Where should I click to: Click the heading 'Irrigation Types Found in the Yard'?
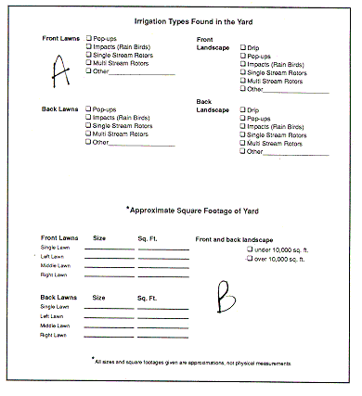click(x=181, y=21)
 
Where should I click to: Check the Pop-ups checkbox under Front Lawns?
click(x=88, y=39)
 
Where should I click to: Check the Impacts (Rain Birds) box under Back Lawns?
click(x=88, y=117)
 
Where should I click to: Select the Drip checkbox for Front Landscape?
click(x=243, y=46)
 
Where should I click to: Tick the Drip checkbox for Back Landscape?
click(x=243, y=109)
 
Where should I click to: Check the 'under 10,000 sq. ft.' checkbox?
click(x=249, y=249)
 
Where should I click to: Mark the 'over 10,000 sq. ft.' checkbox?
click(x=249, y=260)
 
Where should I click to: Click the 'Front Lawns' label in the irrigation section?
click(x=61, y=39)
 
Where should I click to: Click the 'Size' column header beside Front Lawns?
click(x=100, y=238)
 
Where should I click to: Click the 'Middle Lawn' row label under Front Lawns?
click(x=55, y=266)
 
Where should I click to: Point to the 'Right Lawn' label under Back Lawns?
click(x=53, y=334)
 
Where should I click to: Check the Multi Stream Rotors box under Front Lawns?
click(x=88, y=64)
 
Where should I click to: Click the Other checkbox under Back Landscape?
click(x=243, y=151)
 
